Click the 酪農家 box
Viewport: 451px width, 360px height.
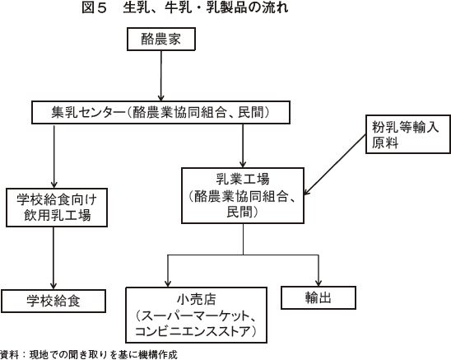[x=161, y=40]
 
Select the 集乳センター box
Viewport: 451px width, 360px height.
[x=160, y=112]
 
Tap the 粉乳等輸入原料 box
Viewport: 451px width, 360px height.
[x=408, y=134]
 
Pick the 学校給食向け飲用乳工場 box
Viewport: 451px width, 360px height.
[x=57, y=208]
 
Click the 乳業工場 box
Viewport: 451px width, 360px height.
[x=243, y=195]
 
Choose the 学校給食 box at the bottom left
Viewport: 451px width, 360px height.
[x=53, y=301]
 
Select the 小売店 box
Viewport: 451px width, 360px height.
[x=197, y=315]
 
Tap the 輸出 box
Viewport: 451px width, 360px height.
[x=318, y=297]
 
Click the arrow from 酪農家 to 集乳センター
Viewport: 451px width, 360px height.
[x=161, y=76]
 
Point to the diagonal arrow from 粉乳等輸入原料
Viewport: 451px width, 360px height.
[x=335, y=166]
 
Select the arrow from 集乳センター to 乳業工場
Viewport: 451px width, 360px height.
[x=243, y=146]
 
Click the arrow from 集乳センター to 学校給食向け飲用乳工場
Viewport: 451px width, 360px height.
[x=53, y=157]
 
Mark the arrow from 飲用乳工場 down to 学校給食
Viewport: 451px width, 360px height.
[x=53, y=258]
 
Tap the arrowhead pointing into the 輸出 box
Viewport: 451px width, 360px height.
[x=318, y=283]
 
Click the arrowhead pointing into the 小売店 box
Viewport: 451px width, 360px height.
[x=168, y=283]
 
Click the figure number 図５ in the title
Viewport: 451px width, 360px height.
[x=95, y=7]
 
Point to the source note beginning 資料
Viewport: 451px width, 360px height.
[x=89, y=354]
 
